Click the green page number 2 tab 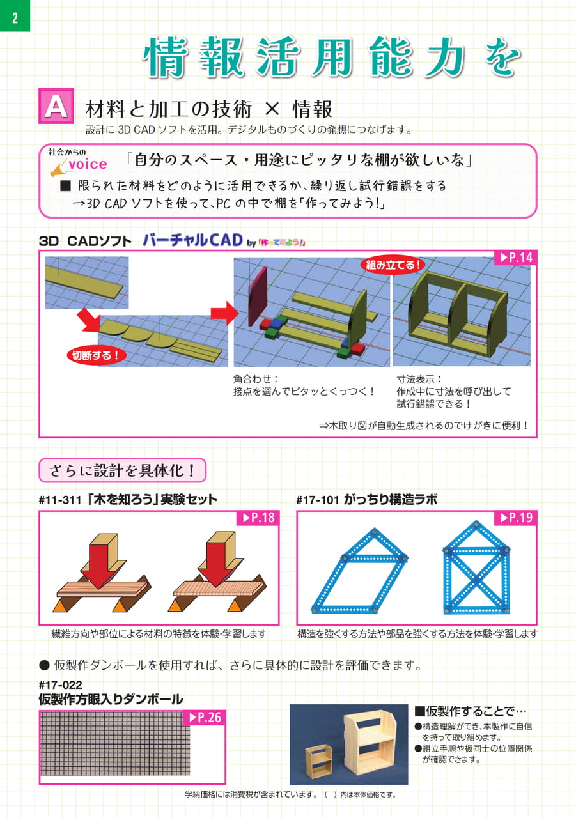[15, 16]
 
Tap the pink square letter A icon [56, 106]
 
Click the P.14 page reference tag [516, 258]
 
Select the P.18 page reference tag [258, 518]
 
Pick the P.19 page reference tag [516, 518]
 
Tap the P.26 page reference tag [205, 717]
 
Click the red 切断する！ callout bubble [97, 355]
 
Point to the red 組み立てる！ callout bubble [393, 265]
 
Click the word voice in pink [88, 164]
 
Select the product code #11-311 [60, 500]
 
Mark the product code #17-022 [61, 684]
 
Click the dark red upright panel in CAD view [258, 297]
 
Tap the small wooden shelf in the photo [318, 762]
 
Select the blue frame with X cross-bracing [476, 567]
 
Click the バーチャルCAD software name [192, 240]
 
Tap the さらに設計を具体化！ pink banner [122, 470]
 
